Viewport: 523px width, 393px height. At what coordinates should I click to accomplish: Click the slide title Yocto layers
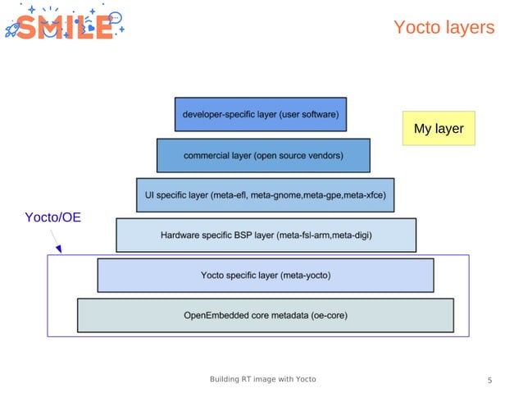point(443,28)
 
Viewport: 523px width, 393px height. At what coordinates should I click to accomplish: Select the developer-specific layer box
point(260,114)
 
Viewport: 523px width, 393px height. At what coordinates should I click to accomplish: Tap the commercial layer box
point(263,155)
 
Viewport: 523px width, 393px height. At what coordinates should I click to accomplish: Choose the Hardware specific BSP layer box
point(266,235)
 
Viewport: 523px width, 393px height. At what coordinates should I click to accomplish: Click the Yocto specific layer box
point(266,276)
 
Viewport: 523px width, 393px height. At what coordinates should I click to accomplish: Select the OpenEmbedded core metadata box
point(266,316)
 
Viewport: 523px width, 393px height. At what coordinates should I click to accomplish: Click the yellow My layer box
point(439,129)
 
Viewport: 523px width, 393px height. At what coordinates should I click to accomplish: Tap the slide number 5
point(489,380)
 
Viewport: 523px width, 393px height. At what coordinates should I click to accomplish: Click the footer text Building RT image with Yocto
point(262,379)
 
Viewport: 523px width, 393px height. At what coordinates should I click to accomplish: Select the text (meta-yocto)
point(305,276)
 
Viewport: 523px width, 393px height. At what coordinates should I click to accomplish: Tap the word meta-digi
point(350,235)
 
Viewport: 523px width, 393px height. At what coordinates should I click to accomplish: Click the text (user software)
point(308,114)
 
